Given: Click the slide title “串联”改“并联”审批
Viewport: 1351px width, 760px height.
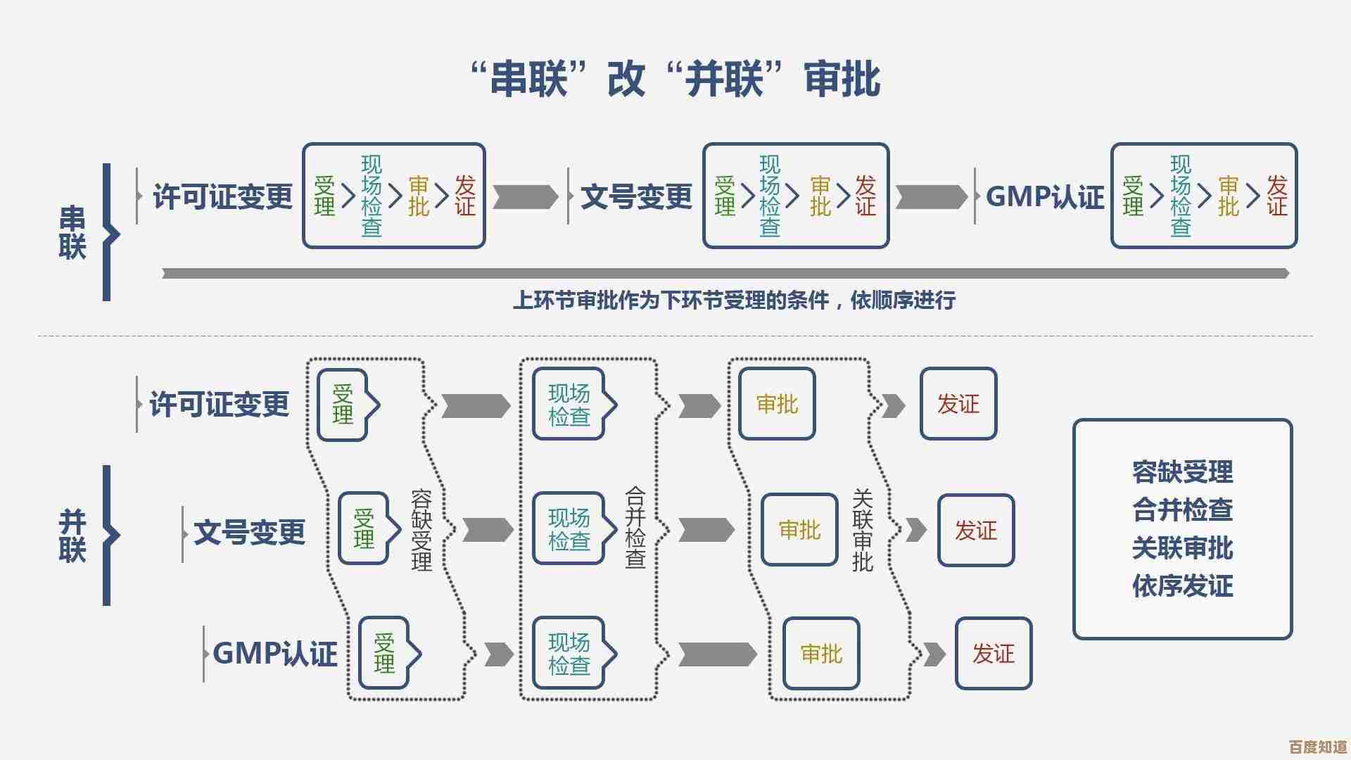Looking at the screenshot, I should coord(675,79).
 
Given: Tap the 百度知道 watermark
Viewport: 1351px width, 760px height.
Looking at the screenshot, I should coord(1317,746).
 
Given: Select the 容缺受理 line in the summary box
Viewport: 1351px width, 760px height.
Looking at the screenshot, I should coord(1182,472).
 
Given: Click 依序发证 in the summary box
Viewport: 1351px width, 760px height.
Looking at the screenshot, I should coord(1182,585).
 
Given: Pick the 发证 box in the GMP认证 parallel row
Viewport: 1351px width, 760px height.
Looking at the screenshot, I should coord(993,653).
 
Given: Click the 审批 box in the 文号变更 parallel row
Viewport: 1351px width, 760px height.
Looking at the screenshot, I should coord(799,529).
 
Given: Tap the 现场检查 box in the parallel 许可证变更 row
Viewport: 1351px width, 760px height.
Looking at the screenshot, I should coord(569,404).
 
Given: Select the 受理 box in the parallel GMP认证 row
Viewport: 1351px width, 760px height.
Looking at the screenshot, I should coord(384,653).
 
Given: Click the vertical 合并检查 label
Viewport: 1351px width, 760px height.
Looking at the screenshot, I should coord(635,528).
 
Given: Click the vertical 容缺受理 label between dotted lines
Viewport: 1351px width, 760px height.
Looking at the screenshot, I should coord(421,529).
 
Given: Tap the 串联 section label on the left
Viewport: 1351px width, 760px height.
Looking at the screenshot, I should coord(72,233).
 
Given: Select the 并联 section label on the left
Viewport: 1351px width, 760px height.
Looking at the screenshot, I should coord(72,535).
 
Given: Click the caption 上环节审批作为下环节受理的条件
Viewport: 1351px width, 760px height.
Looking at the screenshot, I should coord(734,300).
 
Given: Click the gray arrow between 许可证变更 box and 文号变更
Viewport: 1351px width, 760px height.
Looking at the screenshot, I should coord(525,197).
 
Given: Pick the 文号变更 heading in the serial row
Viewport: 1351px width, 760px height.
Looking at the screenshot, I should coord(637,196).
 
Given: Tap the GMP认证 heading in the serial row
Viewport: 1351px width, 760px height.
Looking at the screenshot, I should coord(1045,196).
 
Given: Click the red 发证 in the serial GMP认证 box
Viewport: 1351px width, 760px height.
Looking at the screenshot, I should coord(1276,196).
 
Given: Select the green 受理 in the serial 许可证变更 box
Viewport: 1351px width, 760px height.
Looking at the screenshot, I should coord(324,196).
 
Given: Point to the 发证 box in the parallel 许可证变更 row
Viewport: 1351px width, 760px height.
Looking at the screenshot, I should coord(958,404).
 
